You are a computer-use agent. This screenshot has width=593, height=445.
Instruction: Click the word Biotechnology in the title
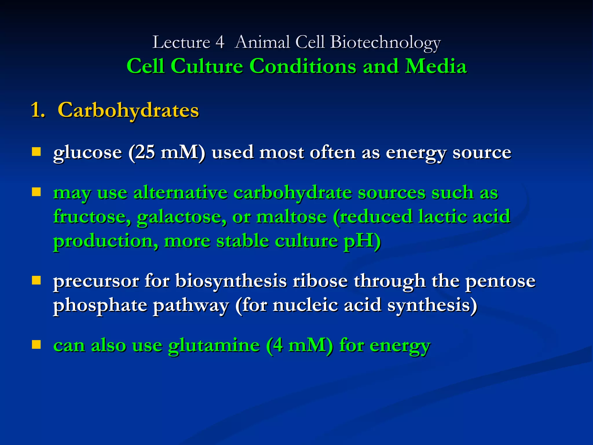point(385,43)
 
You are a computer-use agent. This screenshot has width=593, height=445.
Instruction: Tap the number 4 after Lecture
point(220,43)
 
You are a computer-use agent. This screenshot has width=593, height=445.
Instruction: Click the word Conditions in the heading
point(303,66)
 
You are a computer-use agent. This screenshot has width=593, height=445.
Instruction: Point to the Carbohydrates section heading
point(128,110)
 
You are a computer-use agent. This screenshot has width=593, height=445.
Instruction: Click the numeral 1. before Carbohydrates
point(38,110)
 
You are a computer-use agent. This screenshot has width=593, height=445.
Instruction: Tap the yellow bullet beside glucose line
point(36,152)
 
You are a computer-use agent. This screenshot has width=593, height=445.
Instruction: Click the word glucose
point(87,152)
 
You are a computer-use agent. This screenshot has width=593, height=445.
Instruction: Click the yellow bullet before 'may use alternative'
point(36,192)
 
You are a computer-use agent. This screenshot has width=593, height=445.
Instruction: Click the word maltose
point(291,217)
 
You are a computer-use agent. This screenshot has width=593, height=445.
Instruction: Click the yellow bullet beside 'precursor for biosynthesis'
point(36,280)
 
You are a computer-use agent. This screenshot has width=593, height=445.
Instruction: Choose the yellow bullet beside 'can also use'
point(36,344)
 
